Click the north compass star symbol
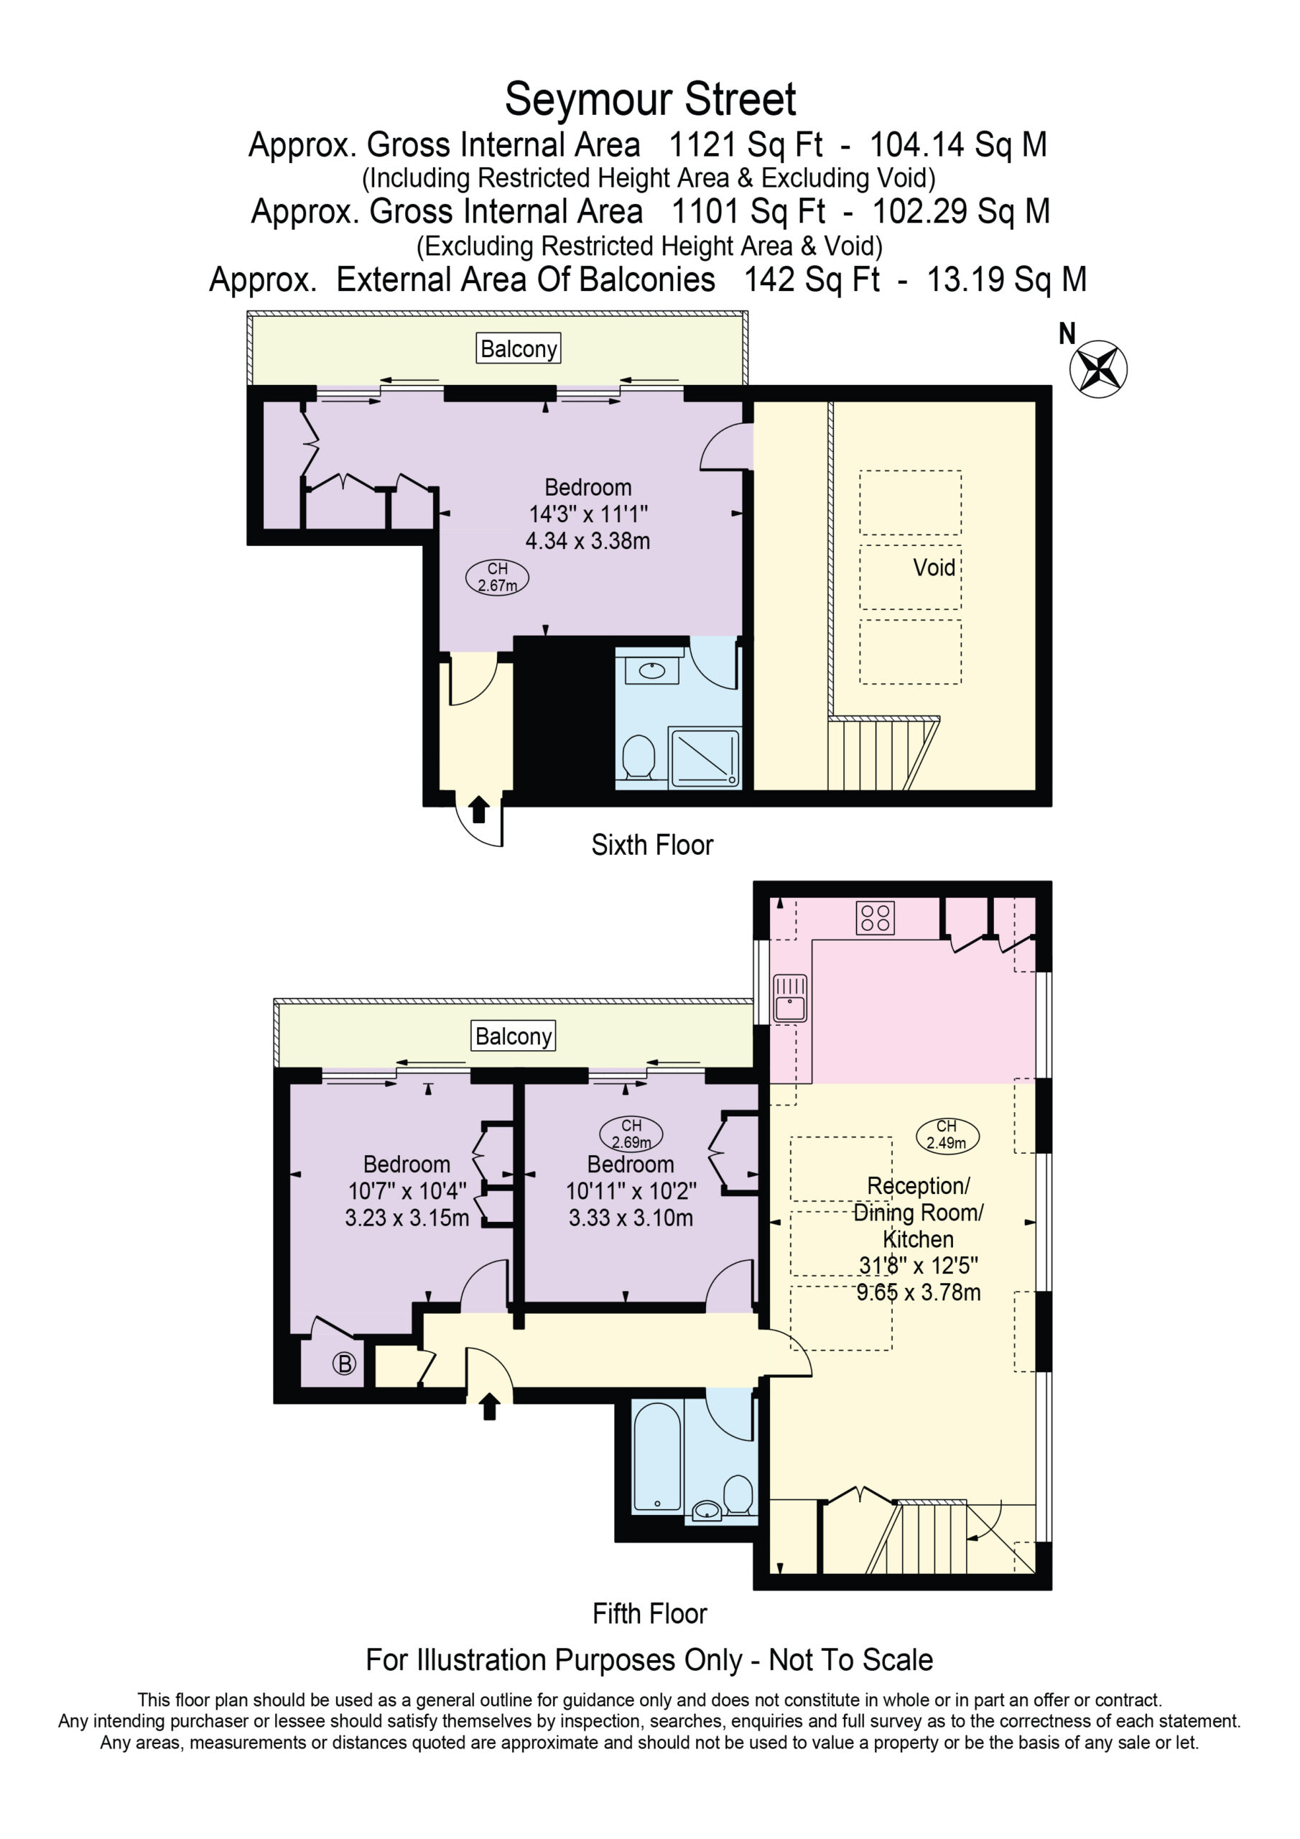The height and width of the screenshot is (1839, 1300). [x=1098, y=369]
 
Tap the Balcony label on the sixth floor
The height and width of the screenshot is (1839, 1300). [x=519, y=348]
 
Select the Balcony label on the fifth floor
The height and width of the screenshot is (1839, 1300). [x=514, y=1036]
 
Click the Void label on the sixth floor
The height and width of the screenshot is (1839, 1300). [x=934, y=568]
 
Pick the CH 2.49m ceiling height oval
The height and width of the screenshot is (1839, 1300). [x=947, y=1135]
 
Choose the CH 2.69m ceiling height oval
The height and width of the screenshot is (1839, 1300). [x=631, y=1134]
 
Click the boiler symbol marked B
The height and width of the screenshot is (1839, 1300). [x=345, y=1364]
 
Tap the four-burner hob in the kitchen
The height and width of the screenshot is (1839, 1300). [x=875, y=919]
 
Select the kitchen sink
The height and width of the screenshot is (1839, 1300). [x=790, y=999]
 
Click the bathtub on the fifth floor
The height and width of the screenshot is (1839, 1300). [x=656, y=1456]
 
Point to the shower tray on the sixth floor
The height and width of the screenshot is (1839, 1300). [x=704, y=757]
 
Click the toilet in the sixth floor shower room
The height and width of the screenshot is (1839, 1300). [x=639, y=757]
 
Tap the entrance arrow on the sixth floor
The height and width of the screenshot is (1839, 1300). [x=479, y=809]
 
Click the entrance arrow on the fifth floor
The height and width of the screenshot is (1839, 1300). [x=489, y=1407]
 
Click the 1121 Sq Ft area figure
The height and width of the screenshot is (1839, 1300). [x=745, y=145]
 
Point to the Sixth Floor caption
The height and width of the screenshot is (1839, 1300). [x=652, y=845]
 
